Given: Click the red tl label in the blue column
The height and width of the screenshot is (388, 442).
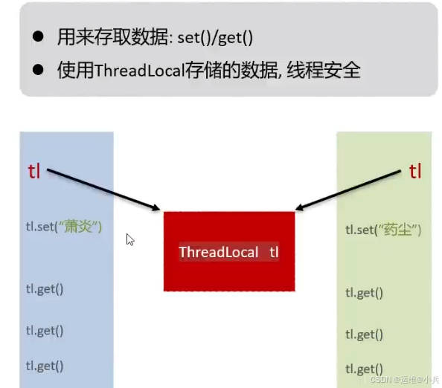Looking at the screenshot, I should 34,171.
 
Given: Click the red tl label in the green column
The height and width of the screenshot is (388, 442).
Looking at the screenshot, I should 415,172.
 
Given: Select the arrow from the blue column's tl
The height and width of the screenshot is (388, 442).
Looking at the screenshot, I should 104,190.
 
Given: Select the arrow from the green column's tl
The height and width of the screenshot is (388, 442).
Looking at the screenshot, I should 350,190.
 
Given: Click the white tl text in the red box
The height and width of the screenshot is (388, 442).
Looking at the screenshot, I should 274,252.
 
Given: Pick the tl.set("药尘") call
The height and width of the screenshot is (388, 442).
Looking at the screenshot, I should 384,230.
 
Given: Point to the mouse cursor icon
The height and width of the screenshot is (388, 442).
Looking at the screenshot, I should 130,239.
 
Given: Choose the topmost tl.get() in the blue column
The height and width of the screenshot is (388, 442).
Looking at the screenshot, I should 45,288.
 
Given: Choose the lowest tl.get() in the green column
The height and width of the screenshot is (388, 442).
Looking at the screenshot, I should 364,368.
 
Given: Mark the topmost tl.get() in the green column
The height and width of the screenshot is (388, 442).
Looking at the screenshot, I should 364,292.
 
